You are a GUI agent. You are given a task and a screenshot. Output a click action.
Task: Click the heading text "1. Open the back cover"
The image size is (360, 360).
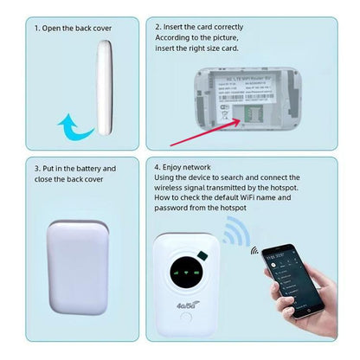pos(73,28)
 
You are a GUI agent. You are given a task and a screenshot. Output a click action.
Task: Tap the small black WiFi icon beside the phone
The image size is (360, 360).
pos(254,252)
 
